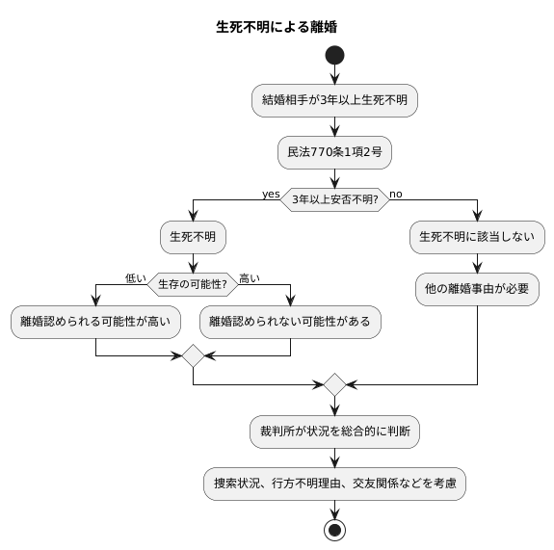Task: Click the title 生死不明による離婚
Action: point(277,26)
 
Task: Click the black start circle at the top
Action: point(334,56)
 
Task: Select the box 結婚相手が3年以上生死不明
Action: point(334,100)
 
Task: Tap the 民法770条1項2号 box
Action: point(334,151)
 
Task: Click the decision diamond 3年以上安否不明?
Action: point(334,199)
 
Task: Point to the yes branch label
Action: point(270,194)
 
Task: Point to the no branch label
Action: point(396,194)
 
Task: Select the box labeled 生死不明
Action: point(194,236)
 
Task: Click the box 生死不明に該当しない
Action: point(477,236)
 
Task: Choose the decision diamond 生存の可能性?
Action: point(193,284)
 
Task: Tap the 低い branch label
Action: point(135,278)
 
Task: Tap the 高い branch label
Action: point(250,278)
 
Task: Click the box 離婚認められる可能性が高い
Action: point(96,322)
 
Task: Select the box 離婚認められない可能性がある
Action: point(290,322)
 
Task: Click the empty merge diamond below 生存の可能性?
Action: point(194,355)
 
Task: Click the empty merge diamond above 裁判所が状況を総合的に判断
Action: point(334,384)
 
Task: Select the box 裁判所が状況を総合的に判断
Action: point(334,432)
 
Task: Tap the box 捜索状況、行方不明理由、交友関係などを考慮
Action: point(334,484)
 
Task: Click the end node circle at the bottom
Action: point(334,531)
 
